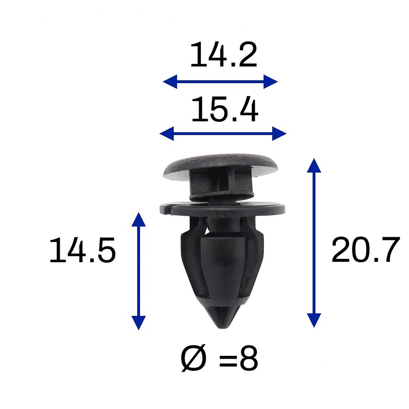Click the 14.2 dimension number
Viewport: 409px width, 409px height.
224,55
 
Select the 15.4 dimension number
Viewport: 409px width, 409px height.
225,109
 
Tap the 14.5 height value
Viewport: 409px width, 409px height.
82,250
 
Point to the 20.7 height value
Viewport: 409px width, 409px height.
366,250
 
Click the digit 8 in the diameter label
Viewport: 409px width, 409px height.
249,359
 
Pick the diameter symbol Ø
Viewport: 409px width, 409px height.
194,358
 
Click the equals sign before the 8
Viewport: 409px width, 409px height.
228,359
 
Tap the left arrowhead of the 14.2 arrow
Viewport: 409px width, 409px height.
170,82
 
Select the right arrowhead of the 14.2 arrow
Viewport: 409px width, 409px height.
270,82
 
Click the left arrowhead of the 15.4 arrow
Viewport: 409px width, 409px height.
167,134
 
